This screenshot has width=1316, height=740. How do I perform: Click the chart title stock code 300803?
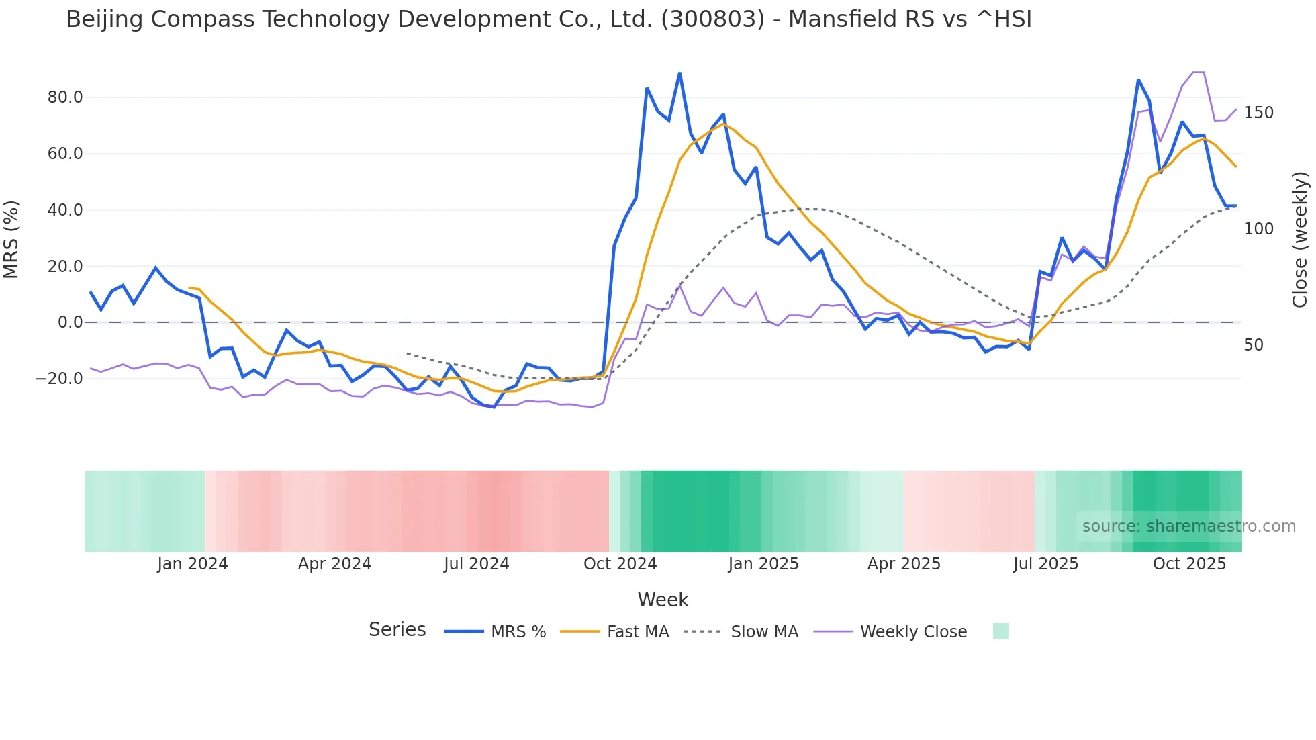712,19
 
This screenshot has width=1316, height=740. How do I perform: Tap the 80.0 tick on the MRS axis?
65,97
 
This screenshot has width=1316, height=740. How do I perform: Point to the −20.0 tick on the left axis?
59,379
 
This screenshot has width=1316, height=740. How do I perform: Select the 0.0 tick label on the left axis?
70,322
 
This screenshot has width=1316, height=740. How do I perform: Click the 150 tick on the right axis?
1258,113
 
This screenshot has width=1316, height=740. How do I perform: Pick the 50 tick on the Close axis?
1254,345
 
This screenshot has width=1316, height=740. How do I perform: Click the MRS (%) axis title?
11,239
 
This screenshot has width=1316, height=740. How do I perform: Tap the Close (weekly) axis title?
1301,240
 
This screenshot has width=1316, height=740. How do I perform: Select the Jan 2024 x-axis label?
193,564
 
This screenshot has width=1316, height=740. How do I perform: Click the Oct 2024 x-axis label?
620,564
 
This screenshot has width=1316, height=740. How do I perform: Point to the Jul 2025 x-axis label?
1045,564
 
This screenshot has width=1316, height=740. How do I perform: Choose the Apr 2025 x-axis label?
904,564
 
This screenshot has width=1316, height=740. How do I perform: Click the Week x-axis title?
663,600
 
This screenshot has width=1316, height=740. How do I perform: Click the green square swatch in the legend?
1000,631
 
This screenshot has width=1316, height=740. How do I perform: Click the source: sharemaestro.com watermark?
1188,526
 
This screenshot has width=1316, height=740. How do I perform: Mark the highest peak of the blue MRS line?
679,73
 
